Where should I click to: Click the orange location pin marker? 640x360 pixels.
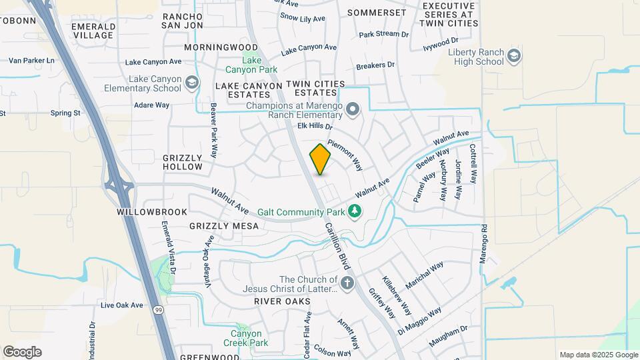[x=321, y=159]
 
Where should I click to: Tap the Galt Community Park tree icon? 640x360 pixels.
[x=355, y=212]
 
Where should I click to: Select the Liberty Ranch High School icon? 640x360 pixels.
[x=513, y=56]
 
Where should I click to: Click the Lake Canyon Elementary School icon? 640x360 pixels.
[x=192, y=83]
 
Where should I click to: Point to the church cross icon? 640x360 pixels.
[x=346, y=284]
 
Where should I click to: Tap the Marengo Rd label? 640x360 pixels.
[x=484, y=243]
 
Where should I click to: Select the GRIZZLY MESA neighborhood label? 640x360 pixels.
[x=223, y=227]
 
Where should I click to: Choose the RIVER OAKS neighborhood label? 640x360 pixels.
[x=282, y=302]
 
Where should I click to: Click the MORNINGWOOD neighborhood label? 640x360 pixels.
[x=221, y=48]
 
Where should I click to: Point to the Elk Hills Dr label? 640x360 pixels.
[x=315, y=126]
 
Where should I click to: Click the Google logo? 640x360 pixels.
[x=22, y=351]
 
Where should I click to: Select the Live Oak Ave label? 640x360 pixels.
[x=121, y=305]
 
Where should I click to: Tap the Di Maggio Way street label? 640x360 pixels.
[x=419, y=320]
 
